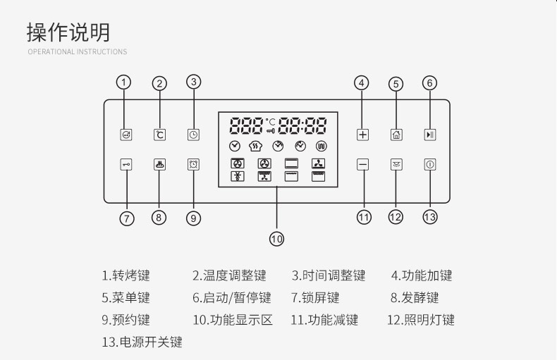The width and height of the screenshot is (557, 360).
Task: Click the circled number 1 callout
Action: point(125,82)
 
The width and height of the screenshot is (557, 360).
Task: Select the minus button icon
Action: point(362,164)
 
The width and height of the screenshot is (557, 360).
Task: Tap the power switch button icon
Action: point(430,164)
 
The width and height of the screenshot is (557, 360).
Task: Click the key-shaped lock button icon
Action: point(126,164)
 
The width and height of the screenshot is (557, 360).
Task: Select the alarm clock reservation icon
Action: point(193,164)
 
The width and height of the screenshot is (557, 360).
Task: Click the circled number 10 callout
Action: point(276,239)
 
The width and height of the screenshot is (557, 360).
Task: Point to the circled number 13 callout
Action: point(430,217)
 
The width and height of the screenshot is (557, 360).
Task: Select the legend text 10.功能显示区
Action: point(232,320)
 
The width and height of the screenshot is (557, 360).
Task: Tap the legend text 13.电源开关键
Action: point(142,342)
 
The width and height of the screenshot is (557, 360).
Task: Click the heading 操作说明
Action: point(68,32)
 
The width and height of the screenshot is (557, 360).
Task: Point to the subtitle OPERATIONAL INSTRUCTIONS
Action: point(78,52)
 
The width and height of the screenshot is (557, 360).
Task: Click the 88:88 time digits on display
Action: point(302,126)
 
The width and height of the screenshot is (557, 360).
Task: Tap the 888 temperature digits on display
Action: point(245,126)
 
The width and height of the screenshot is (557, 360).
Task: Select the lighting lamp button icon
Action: point(396,164)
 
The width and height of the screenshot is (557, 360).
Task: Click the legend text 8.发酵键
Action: point(415,298)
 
